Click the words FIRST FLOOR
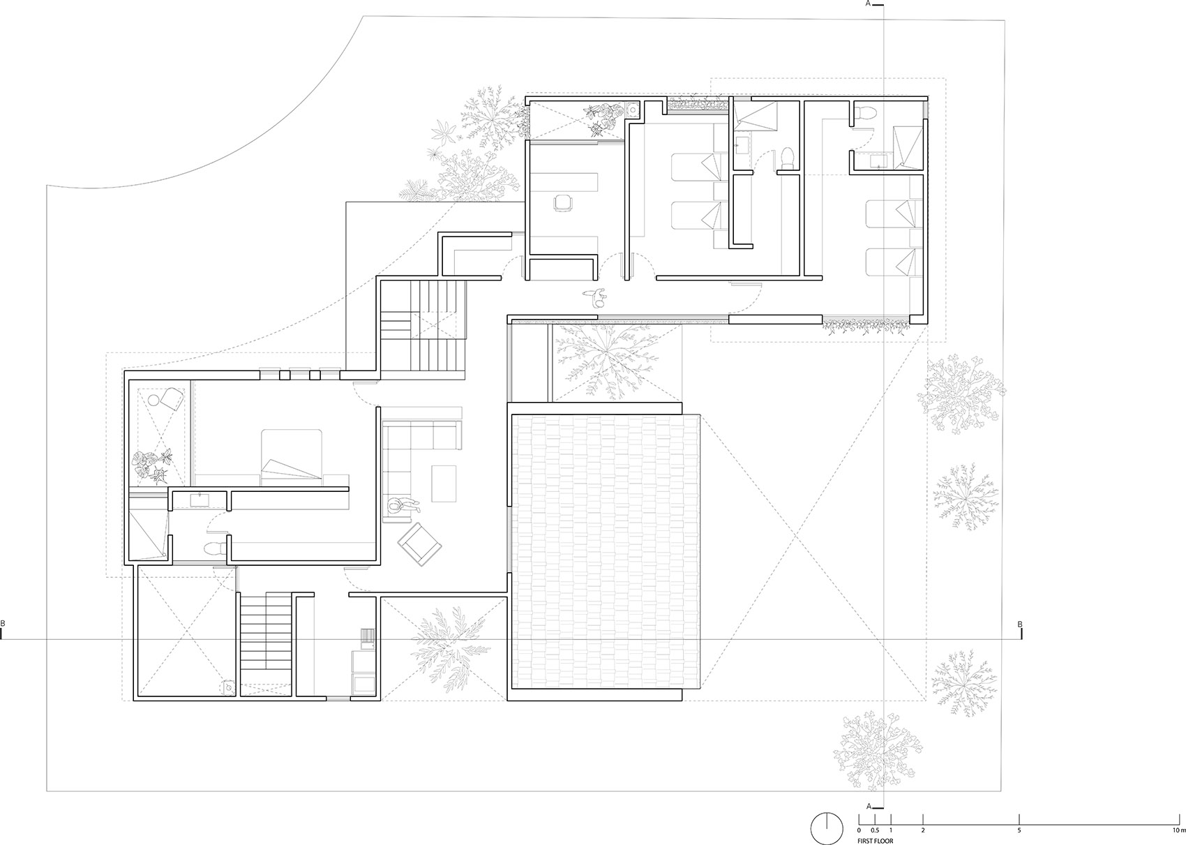pyautogui.click(x=875, y=840)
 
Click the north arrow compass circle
pyautogui.click(x=827, y=828)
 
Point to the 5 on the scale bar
pyautogui.click(x=1019, y=830)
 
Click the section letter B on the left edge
pyautogui.click(x=3, y=624)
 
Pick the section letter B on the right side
pyautogui.click(x=1020, y=625)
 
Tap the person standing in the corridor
pyautogui.click(x=596, y=297)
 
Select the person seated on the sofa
pyautogui.click(x=403, y=506)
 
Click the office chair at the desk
pyautogui.click(x=562, y=203)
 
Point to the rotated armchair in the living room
pyautogui.click(x=420, y=544)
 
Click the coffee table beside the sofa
pyautogui.click(x=444, y=483)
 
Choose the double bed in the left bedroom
pyautogui.click(x=291, y=457)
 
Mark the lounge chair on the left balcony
pyautogui.click(x=168, y=398)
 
